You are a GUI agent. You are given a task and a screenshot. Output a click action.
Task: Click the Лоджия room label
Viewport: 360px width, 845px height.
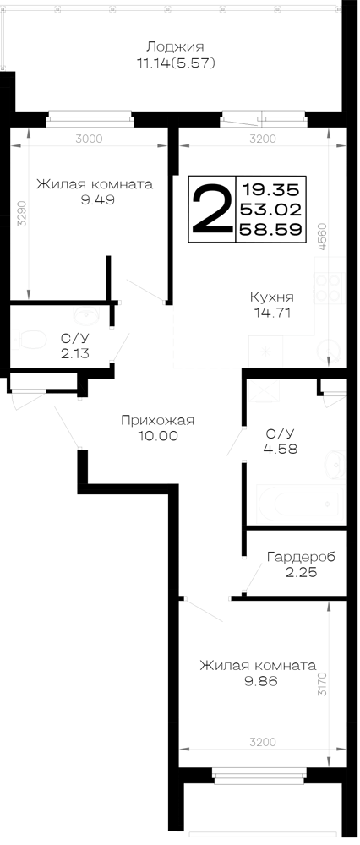click(176, 46)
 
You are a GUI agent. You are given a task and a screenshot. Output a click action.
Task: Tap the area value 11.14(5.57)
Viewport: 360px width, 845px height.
click(176, 63)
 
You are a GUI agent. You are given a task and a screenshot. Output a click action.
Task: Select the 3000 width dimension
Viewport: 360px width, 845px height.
click(89, 139)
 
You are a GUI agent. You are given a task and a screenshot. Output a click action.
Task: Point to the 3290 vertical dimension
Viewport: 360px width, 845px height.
click(21, 214)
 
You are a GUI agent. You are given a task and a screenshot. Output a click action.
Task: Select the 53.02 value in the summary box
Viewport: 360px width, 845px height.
click(270, 210)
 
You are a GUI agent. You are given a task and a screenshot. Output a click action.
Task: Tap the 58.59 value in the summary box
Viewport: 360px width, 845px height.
click(270, 230)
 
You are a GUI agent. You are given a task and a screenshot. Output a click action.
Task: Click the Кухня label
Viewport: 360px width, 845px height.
click(271, 297)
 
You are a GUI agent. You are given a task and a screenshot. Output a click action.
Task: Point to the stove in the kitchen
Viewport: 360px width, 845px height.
click(330, 289)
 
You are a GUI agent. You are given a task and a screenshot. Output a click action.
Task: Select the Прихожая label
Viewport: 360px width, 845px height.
click(157, 420)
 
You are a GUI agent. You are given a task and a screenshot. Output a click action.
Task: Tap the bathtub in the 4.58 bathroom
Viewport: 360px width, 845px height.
click(301, 504)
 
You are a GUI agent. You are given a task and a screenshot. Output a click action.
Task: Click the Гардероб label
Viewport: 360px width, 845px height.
click(301, 557)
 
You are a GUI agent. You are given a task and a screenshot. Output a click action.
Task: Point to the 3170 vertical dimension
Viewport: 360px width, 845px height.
click(322, 684)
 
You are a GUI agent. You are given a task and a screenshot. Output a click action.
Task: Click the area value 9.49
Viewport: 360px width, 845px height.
click(95, 200)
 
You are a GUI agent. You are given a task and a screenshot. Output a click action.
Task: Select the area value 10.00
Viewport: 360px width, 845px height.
click(157, 436)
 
